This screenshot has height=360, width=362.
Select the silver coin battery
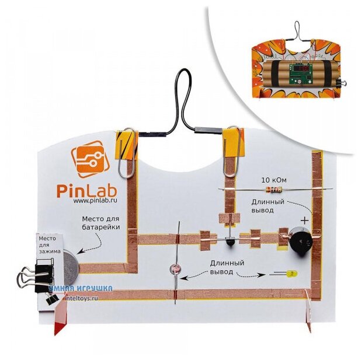coord(69,266)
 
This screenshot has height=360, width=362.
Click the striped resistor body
coord(274,189)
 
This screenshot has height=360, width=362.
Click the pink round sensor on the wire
coord(174,269)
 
